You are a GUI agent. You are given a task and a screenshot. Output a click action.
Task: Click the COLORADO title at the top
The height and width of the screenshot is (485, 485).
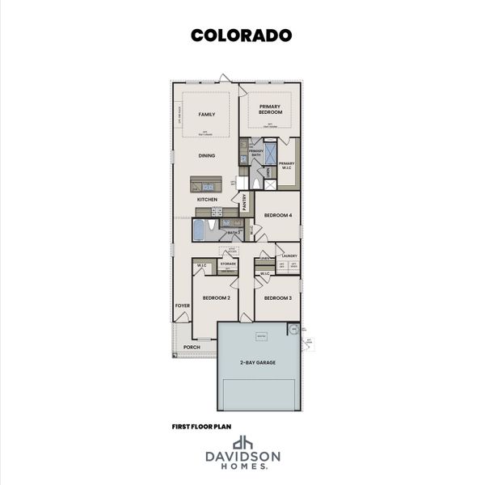coord(241,35)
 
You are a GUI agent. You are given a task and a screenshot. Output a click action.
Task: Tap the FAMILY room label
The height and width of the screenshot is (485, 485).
coord(206,115)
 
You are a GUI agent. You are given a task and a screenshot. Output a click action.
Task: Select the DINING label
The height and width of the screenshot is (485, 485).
coord(207,155)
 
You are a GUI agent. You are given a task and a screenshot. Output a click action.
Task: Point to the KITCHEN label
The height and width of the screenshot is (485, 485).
coord(207,199)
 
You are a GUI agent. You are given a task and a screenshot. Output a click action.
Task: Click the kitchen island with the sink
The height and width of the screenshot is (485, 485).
coord(208,183)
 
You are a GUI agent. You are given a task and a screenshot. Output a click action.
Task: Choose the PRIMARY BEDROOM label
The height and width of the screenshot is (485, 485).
coord(269,109)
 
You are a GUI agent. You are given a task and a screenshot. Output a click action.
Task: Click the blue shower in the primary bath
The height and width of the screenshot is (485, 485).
coord(271,153)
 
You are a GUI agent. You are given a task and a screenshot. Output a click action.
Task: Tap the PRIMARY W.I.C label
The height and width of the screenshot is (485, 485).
coord(287,164)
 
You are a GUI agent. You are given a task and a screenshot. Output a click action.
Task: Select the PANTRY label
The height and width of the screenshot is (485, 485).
coord(243,200)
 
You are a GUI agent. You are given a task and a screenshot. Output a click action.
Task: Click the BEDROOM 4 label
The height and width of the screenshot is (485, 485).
coord(277,215)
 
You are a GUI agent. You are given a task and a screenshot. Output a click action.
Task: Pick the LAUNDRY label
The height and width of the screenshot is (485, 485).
coord(289,256)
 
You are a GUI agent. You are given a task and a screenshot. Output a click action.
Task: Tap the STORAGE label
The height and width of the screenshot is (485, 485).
coord(228,264)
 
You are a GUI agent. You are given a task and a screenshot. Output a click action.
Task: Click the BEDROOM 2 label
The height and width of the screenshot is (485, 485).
coord(216,298)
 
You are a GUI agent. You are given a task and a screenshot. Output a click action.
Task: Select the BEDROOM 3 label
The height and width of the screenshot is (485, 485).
coord(278,298)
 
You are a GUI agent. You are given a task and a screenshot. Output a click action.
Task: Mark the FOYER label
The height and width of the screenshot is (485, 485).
coord(182,305)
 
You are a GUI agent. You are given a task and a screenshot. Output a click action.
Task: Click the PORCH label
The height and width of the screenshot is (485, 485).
coord(192,347)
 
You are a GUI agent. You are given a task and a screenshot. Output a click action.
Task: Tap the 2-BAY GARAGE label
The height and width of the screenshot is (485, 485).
coord(258,363)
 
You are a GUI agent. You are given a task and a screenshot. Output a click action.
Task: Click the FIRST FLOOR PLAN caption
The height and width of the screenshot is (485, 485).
coord(200,425)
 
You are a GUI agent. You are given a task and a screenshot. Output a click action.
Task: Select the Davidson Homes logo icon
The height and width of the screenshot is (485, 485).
coord(242,443)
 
